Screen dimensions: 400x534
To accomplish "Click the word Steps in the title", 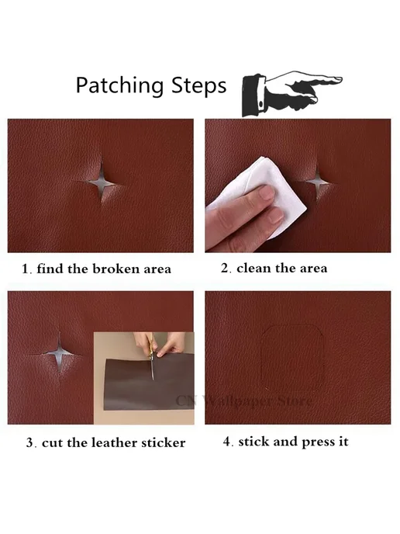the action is point(198,85).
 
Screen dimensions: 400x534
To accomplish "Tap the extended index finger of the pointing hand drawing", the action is point(319,80).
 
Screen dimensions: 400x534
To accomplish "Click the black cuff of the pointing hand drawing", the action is point(253,96).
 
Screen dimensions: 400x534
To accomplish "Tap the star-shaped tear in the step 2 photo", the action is point(319,181).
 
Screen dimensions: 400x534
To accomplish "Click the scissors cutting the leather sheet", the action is point(151,358).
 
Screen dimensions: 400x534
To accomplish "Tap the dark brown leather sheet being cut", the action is point(148,383).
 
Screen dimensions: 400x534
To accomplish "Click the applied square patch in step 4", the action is point(291,359).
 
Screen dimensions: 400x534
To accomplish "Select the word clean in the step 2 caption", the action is point(254,268).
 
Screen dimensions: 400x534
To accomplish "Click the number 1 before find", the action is point(26,269).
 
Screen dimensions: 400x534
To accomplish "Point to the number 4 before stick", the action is point(228,442).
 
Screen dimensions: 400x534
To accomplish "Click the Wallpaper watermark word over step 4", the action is point(236,400).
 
